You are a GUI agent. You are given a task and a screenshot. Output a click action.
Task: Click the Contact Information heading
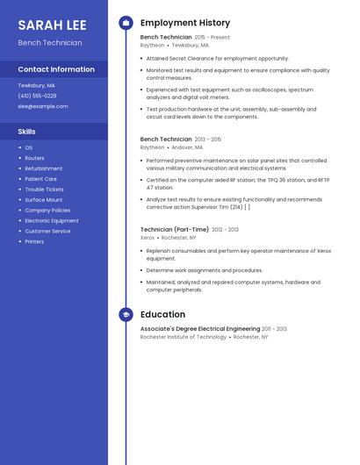point(56,69)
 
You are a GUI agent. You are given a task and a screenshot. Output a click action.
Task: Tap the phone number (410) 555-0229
point(37,96)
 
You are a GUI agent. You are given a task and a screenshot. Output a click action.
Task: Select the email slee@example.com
point(42,106)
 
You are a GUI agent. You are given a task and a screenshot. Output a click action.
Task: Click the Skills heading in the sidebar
point(26,132)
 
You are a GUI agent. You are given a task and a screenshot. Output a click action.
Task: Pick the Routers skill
point(34,158)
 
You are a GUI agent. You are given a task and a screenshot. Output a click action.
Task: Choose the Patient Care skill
point(40,179)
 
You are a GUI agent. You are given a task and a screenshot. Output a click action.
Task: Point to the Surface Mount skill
point(43,200)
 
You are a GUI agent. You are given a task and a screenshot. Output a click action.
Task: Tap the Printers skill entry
point(34,241)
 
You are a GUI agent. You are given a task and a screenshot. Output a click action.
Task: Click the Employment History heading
point(185,23)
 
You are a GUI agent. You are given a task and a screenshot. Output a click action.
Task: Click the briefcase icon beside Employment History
point(126,23)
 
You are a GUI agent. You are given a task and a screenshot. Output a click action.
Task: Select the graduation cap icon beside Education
point(126,314)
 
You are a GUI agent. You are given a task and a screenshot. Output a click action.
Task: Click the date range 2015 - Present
point(212,38)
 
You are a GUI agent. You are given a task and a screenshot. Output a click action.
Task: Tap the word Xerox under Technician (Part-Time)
point(148,238)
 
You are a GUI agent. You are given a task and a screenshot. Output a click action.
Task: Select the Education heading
point(162,314)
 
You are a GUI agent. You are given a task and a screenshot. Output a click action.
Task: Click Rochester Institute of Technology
point(184,337)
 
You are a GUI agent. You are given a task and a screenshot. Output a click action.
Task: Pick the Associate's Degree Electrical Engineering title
point(200,328)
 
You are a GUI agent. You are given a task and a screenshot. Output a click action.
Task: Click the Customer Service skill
point(47,231)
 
